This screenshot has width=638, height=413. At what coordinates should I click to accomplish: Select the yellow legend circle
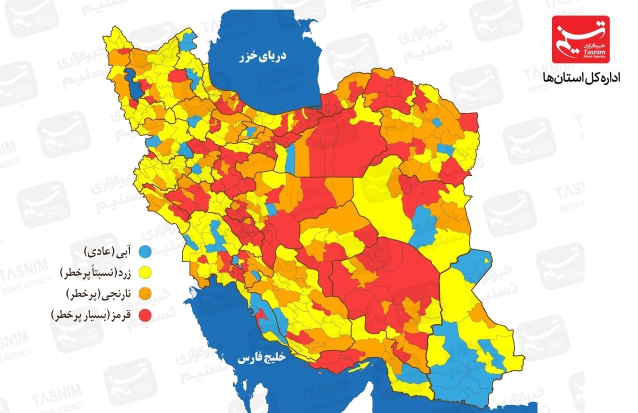click(x=145, y=272)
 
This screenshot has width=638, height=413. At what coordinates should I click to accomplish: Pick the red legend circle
click(x=145, y=315)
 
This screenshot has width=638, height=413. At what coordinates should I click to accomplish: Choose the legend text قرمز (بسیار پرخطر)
click(x=93, y=315)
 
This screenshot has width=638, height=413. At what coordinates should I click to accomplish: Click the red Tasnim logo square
click(x=580, y=39)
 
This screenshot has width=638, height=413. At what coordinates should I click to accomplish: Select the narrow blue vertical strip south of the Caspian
click(x=290, y=159)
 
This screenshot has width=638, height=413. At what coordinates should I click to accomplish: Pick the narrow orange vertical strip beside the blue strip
click(x=302, y=159)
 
